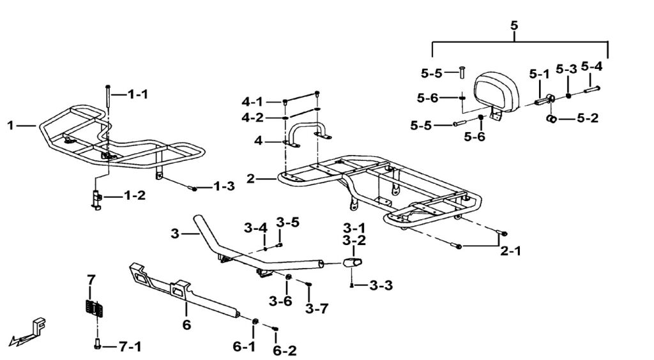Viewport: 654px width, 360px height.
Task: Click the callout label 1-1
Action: coord(137,94)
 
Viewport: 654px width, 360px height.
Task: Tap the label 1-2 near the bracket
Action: coord(135,195)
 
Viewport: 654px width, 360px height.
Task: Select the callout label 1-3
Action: coord(224,187)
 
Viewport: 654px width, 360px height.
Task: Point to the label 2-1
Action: coord(510,251)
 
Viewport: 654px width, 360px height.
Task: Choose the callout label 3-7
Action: coord(316,309)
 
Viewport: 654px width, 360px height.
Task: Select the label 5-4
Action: coord(591,66)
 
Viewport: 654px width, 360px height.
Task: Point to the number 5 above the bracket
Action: coord(515,26)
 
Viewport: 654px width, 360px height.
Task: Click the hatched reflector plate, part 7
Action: coord(95,306)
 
